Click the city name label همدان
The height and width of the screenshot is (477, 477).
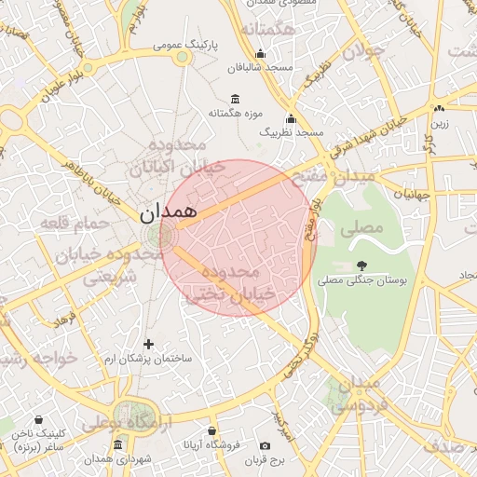pyautogui.click(x=169, y=212)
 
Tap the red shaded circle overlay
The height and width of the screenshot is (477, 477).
pyautogui.click(x=238, y=238)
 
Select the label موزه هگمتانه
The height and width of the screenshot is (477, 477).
pyautogui.click(x=232, y=114)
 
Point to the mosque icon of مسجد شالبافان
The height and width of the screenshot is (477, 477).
pyautogui.click(x=260, y=54)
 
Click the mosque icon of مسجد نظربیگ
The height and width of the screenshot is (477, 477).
pyautogui.click(x=291, y=119)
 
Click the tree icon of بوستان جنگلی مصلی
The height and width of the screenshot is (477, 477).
pyautogui.click(x=361, y=266)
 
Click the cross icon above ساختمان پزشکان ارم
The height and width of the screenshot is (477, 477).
pyautogui.click(x=148, y=345)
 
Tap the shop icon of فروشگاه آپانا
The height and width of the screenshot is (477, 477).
pyautogui.click(x=212, y=431)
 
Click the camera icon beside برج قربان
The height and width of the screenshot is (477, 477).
pyautogui.click(x=266, y=446)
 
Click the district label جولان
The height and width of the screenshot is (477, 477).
pyautogui.click(x=363, y=52)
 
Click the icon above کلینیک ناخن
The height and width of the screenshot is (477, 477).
pyautogui.click(x=38, y=420)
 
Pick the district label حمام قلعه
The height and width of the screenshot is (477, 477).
pyautogui.click(x=64, y=223)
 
